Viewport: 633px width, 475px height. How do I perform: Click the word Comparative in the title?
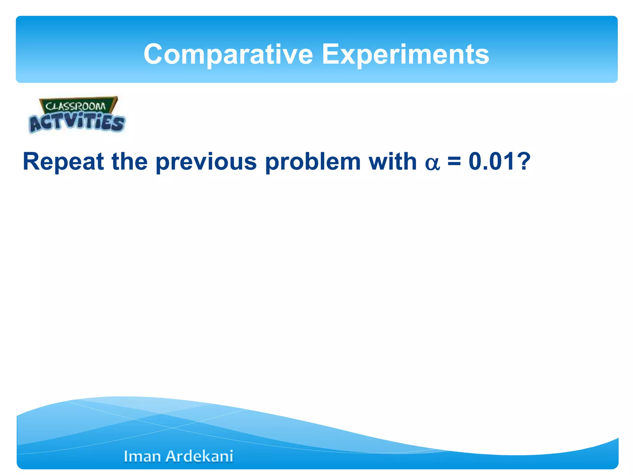pyautogui.click(x=228, y=54)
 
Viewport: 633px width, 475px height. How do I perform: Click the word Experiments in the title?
pyautogui.click(x=406, y=54)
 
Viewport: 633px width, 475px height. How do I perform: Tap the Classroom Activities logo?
pyautogui.click(x=77, y=115)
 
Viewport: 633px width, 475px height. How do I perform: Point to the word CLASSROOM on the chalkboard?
pyautogui.click(x=76, y=106)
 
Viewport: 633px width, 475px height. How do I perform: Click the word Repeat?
pyautogui.click(x=63, y=162)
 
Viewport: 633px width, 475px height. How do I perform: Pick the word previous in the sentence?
pyautogui.click(x=206, y=162)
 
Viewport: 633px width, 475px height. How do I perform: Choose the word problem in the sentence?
pyautogui.click(x=313, y=162)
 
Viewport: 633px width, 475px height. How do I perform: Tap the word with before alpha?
pyautogui.click(x=393, y=161)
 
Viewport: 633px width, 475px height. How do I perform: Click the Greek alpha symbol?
pyautogui.click(x=432, y=164)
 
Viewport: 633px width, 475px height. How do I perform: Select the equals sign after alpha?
pyautogui.click(x=454, y=162)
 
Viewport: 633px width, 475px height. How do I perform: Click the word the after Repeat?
pyautogui.click(x=130, y=161)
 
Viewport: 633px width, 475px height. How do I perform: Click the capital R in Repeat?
pyautogui.click(x=31, y=161)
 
